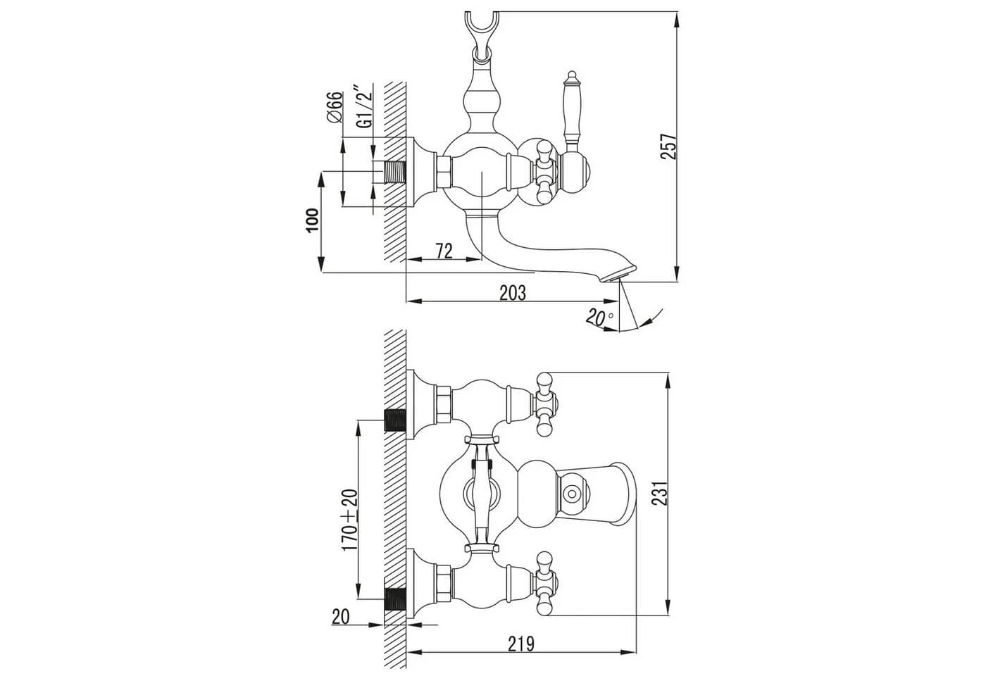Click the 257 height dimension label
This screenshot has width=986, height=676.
point(668,146)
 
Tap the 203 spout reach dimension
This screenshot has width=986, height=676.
point(513,293)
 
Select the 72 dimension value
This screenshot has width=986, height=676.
point(444,251)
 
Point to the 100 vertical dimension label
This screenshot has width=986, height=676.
point(312,220)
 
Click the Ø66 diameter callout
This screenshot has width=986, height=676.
point(335,107)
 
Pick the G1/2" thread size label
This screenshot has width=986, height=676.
point(366,108)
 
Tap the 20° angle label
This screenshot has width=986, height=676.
point(599,318)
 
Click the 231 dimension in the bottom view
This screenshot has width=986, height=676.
point(661,493)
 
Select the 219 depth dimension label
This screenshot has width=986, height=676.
point(521,644)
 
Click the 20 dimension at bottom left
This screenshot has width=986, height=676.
point(340,617)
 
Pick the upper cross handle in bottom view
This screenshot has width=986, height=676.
point(545,404)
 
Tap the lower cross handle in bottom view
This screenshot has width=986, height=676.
point(545,583)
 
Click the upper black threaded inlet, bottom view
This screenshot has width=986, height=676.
point(395,420)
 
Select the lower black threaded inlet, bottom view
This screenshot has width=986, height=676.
point(395,599)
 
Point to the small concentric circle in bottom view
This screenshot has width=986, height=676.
point(572,494)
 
